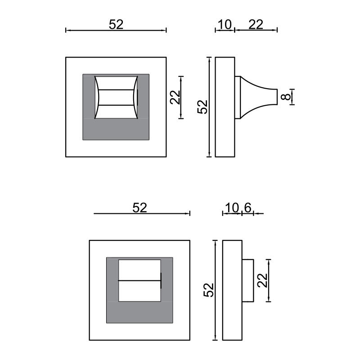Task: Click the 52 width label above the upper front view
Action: (116, 24)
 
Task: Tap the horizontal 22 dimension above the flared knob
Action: (256, 24)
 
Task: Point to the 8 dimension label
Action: (285, 97)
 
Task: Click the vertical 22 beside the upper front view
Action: (175, 97)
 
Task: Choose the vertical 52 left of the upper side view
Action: (203, 107)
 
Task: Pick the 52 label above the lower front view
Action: (140, 207)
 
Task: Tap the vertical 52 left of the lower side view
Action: (208, 290)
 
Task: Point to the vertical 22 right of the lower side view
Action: (263, 280)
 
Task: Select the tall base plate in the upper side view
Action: (225, 107)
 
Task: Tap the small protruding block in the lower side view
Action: (248, 280)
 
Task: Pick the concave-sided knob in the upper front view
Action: (116, 97)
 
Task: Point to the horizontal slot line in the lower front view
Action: (139, 281)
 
